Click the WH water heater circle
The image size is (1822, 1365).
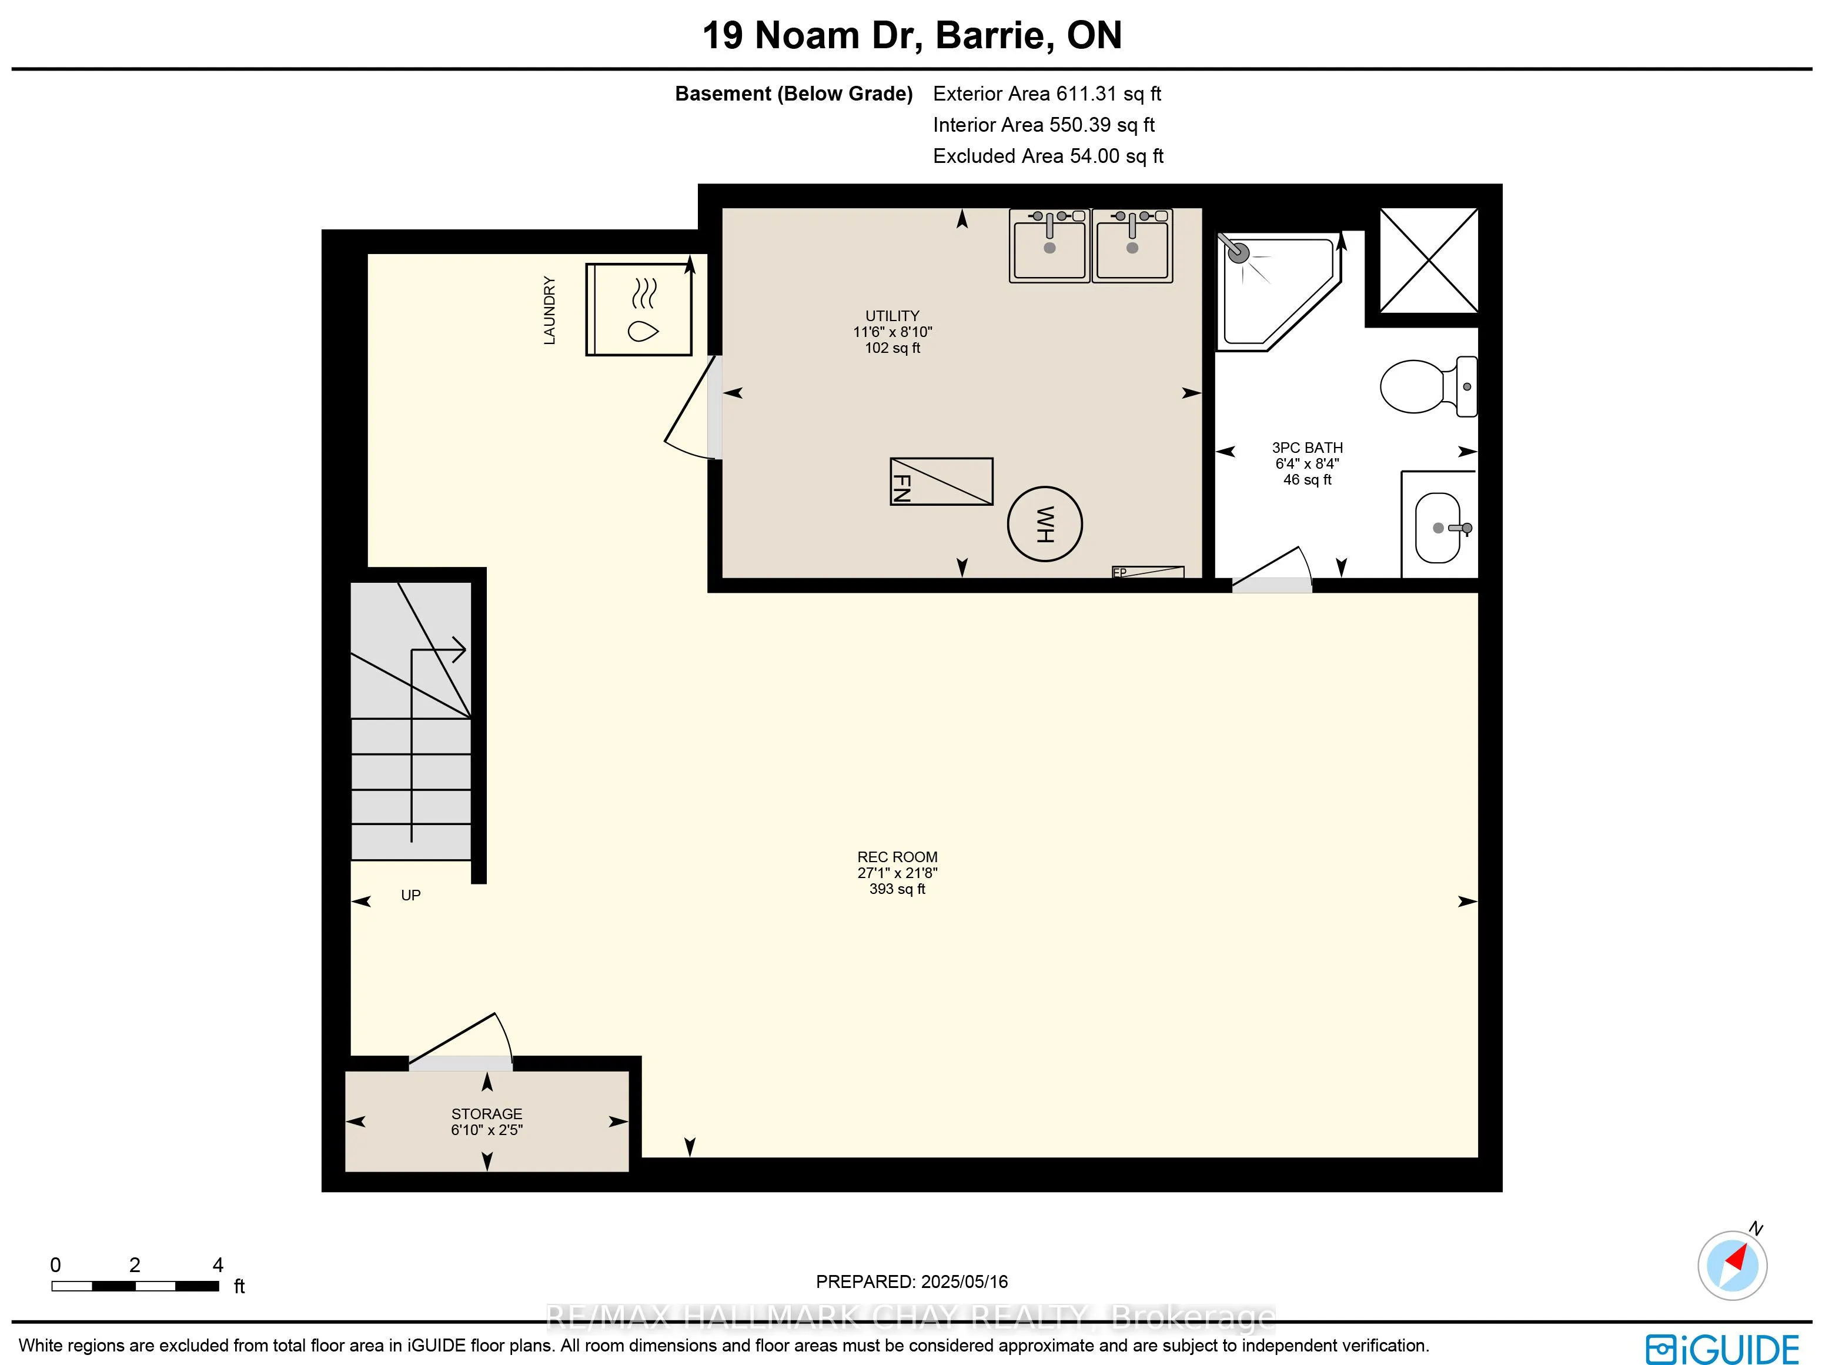(x=1044, y=524)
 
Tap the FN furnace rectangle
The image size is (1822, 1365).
(x=941, y=481)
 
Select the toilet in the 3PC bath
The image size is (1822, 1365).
(x=1428, y=386)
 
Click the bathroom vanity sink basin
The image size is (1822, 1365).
(x=1438, y=527)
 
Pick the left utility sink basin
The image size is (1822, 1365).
(x=1049, y=245)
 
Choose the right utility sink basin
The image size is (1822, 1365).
(x=1132, y=245)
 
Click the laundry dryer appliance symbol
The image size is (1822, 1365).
(x=638, y=309)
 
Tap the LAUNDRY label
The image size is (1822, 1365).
(x=549, y=311)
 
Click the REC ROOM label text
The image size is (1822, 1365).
(x=897, y=857)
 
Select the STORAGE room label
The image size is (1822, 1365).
(x=486, y=1114)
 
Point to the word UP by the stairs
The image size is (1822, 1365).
(x=410, y=896)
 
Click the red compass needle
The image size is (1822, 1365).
(x=1737, y=1257)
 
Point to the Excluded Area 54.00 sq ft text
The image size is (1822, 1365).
(x=1048, y=156)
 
